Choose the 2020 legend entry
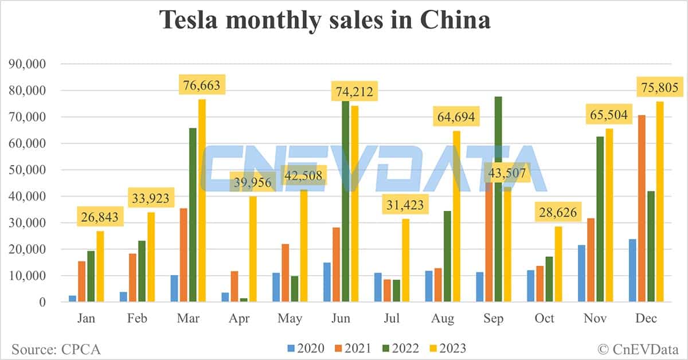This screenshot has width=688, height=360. coord(306,348)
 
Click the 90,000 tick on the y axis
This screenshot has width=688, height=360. coord(28,64)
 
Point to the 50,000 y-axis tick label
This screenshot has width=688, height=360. coord(28,170)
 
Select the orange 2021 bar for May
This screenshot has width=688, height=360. coord(286,273)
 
